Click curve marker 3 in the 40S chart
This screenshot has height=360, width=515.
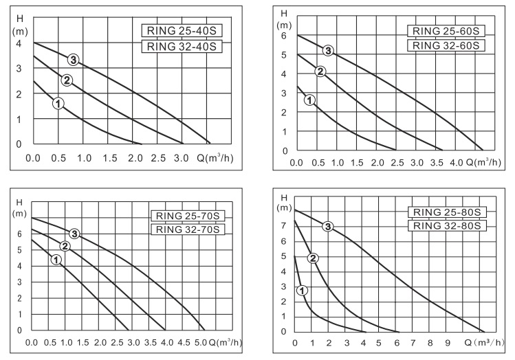click(72, 59)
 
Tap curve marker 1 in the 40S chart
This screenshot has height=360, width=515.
click(58, 103)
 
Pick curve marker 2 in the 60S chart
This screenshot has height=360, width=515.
click(320, 71)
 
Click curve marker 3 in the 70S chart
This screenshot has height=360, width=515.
click(74, 234)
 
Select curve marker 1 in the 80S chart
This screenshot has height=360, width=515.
click(302, 291)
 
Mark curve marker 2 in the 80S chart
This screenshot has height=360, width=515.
click(313, 258)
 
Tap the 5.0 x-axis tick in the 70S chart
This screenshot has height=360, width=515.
click(201, 342)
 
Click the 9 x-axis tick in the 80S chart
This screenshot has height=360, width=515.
click(448, 343)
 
